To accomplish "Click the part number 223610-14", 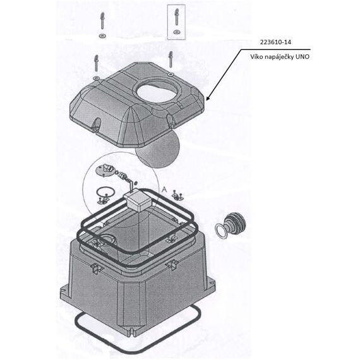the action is point(275,42).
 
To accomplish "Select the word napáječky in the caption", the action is point(279,57).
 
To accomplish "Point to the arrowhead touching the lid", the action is point(208,98).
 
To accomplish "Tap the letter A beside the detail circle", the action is point(164,189).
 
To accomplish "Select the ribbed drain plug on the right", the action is point(234,222).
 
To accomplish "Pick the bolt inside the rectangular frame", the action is point(176,17).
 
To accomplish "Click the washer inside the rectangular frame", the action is point(176,32).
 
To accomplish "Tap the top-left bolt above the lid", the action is point(102,21).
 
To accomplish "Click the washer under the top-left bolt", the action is point(102,36).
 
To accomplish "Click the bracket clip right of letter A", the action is point(177,195).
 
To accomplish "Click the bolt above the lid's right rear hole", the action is point(171,59).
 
